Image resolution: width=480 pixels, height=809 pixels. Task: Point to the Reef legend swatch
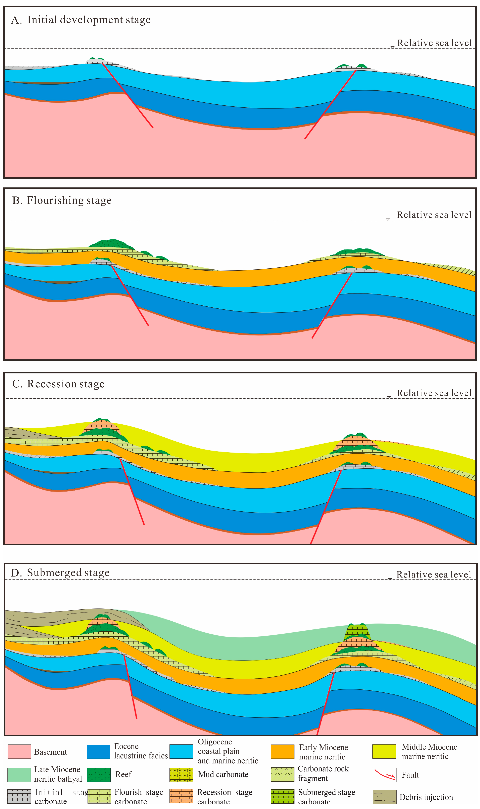[x=99, y=775]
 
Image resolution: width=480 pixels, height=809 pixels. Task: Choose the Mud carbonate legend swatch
[x=181, y=775]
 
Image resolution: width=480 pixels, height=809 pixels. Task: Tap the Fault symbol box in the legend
[x=384, y=775]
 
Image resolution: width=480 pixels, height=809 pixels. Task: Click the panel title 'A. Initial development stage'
[x=81, y=20]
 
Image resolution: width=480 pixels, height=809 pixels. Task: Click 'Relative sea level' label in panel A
[x=434, y=43]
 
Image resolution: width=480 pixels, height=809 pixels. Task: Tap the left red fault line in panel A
[x=128, y=95]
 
